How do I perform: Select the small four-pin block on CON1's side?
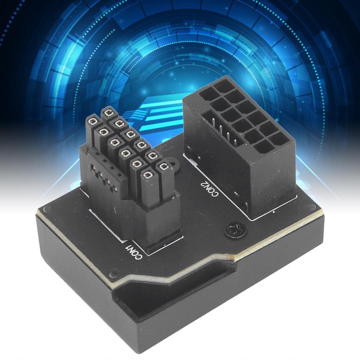[103, 174]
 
